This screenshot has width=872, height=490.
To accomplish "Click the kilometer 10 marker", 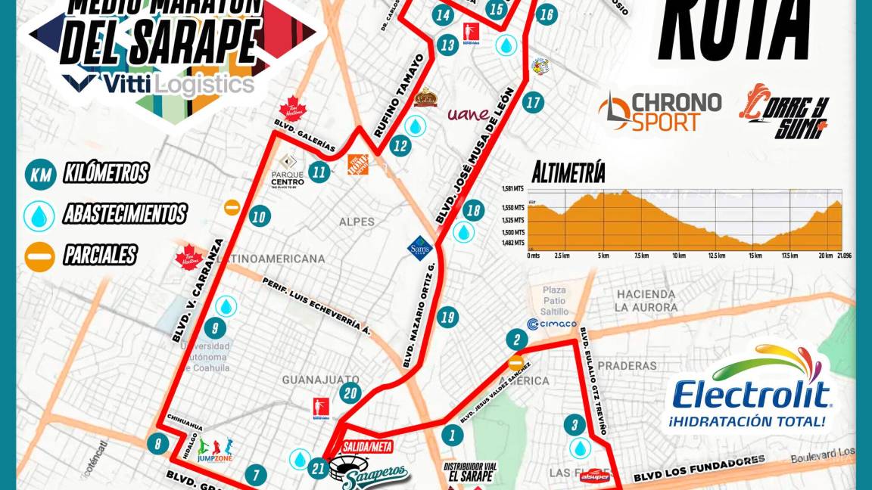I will point(259,217).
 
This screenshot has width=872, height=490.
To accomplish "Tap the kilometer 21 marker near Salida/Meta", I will point(319,470).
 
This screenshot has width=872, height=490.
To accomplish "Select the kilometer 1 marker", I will point(452,435).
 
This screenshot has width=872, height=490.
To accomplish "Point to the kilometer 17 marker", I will point(534,102).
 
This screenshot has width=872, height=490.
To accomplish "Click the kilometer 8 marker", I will point(157,444).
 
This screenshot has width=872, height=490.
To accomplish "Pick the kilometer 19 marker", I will point(447,317).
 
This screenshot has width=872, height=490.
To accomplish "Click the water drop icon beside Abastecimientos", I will point(39,216).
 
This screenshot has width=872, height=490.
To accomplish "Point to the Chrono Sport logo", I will point(659,111).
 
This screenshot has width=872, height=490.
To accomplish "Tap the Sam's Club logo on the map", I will point(419,247).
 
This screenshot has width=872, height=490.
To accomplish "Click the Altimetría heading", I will point(568,172).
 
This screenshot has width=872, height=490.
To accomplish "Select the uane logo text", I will point(469,114).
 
